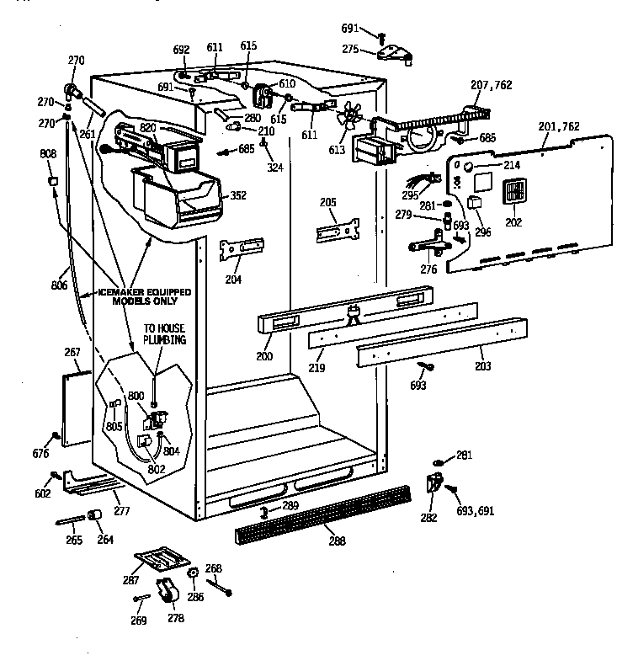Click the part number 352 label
237,196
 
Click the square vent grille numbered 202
514,193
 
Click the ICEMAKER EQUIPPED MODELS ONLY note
144,296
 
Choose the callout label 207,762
491,85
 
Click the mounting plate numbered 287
163,559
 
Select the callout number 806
58,285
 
